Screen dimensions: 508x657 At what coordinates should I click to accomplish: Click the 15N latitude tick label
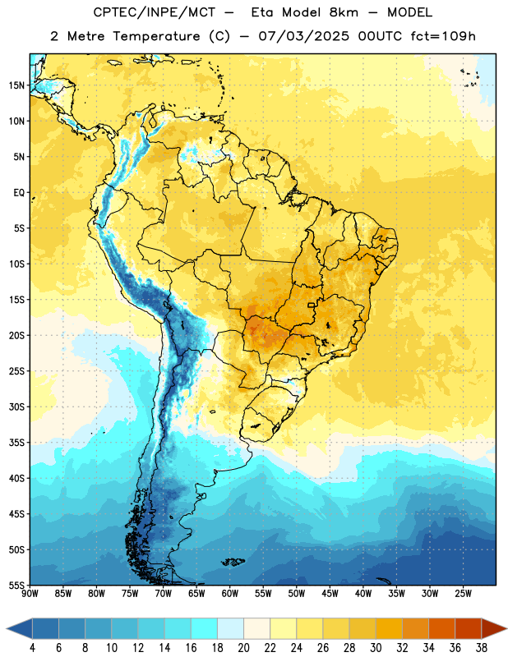point(16,85)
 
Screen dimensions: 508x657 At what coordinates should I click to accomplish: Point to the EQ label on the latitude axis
point(19,193)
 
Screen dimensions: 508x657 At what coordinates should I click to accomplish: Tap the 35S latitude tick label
point(16,443)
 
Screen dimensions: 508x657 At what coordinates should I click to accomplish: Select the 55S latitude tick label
point(16,586)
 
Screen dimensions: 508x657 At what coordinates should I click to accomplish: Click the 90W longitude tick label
point(30,593)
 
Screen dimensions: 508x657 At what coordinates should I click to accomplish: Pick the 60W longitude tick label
point(230,593)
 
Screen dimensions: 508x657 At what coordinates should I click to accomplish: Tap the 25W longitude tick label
point(463,593)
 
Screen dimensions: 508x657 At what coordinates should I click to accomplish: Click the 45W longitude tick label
point(330,593)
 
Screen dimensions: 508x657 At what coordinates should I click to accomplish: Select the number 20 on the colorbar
point(243,648)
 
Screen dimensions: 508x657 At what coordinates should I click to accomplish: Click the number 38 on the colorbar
point(482,648)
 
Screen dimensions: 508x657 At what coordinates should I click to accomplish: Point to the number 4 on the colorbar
point(32,648)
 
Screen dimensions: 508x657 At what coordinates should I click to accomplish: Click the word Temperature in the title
point(156,36)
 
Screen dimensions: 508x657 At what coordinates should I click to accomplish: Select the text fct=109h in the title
point(443,36)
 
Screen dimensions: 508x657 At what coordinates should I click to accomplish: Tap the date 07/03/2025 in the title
point(303,36)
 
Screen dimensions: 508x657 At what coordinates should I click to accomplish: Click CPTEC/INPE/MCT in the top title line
point(155,12)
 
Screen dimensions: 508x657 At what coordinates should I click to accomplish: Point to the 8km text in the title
point(344,12)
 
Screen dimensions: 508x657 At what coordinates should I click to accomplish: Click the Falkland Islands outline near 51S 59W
point(233,562)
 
